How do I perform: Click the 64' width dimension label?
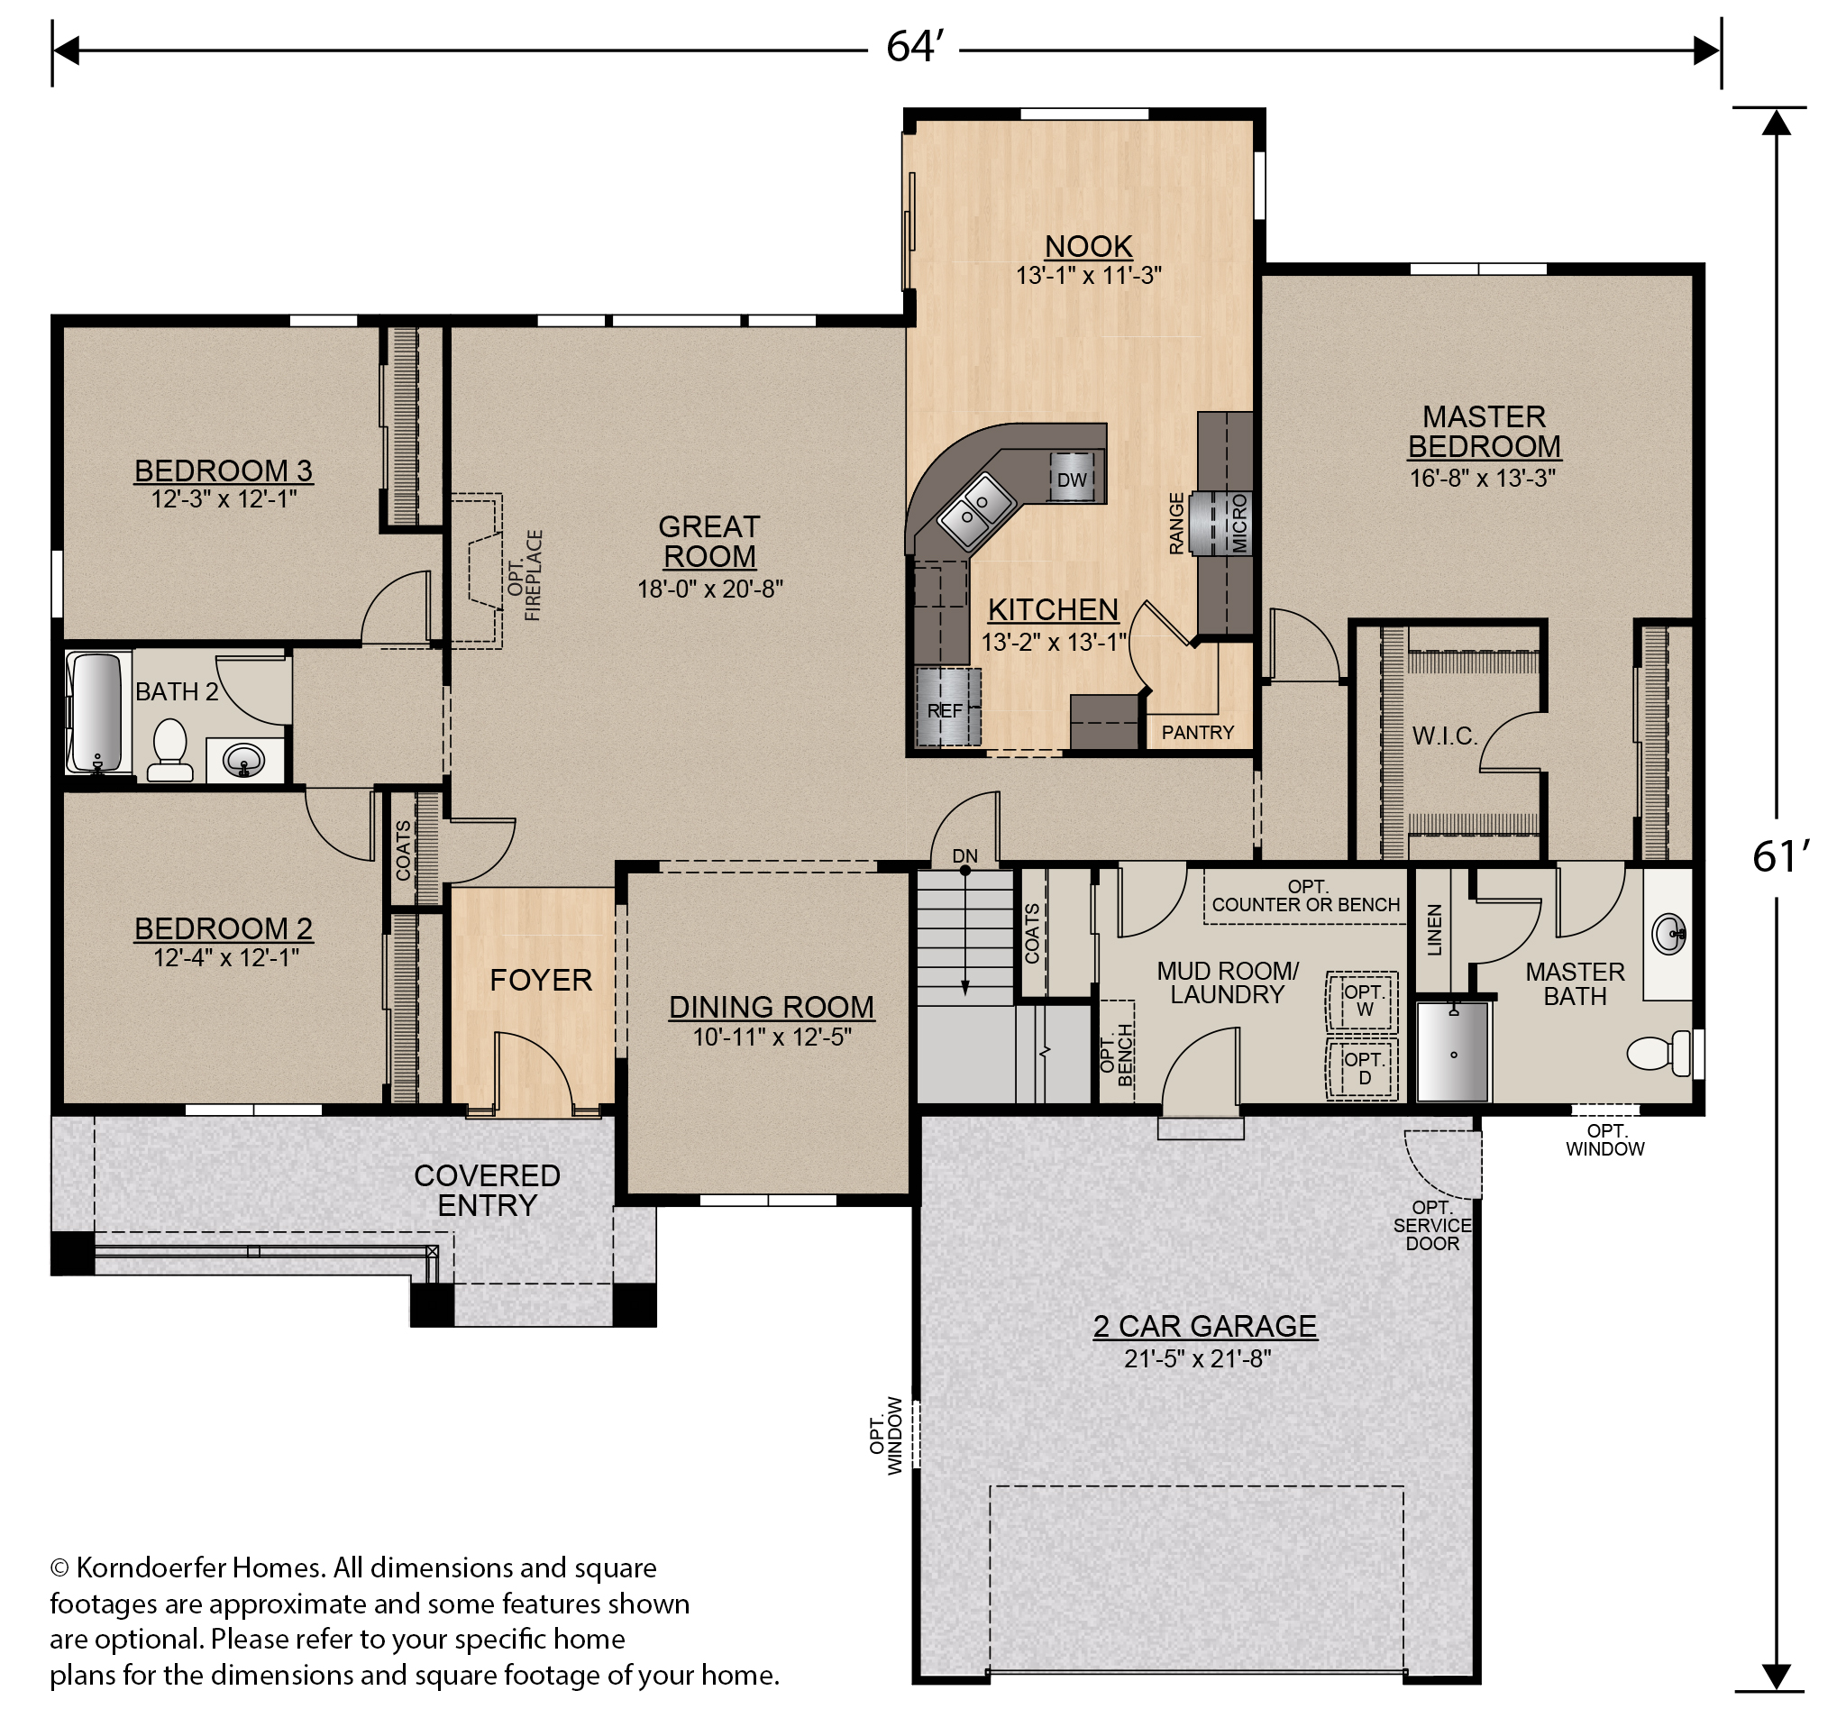click(913, 46)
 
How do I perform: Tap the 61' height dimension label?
click(1778, 857)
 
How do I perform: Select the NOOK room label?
click(1089, 246)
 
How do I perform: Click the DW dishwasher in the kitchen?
click(1072, 478)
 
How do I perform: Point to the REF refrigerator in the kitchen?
click(946, 708)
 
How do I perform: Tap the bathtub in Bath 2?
click(96, 712)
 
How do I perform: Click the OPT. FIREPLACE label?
click(525, 575)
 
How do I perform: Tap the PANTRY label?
click(1197, 733)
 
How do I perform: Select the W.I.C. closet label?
click(1445, 736)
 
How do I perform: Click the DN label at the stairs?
click(964, 856)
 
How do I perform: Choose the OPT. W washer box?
click(1363, 1001)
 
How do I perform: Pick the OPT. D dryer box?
click(1363, 1068)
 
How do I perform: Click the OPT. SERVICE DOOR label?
click(1431, 1225)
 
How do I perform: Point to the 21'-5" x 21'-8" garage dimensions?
click(1198, 1358)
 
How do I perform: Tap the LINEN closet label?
click(1434, 929)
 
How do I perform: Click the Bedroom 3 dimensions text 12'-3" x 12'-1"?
click(224, 499)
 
